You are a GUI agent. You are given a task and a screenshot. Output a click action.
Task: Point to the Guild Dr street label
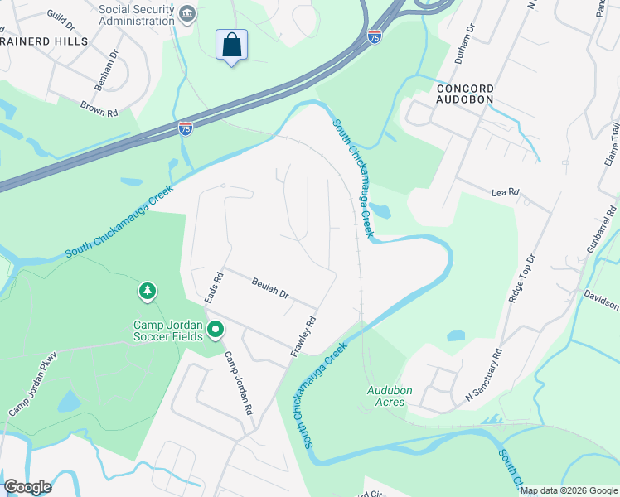pyautogui.click(x=62, y=17)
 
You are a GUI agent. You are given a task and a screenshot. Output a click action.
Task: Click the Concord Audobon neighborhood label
pyautogui.click(x=465, y=94)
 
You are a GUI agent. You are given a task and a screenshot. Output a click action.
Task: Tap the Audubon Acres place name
pyautogui.click(x=386, y=396)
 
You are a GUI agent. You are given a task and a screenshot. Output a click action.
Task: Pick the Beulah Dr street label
pyautogui.click(x=270, y=288)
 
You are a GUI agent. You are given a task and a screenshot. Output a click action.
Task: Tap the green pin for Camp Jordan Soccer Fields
pyautogui.click(x=216, y=331)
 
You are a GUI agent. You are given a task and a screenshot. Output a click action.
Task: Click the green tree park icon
pyautogui.click(x=148, y=292)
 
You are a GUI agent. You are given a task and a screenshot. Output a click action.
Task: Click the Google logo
pyautogui.click(x=27, y=487)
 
